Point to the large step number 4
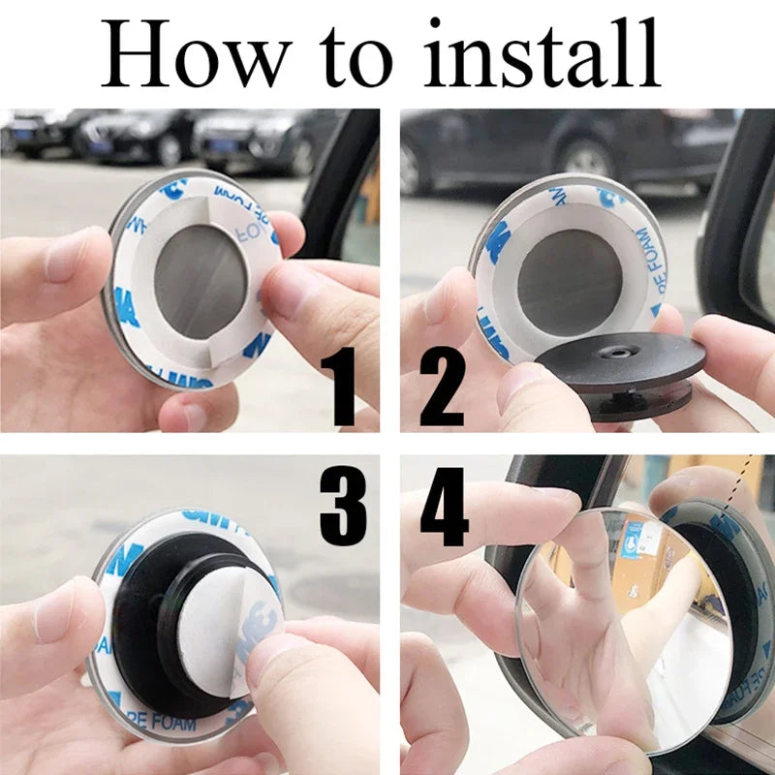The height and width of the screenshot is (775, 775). pyautogui.click(x=444, y=510)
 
